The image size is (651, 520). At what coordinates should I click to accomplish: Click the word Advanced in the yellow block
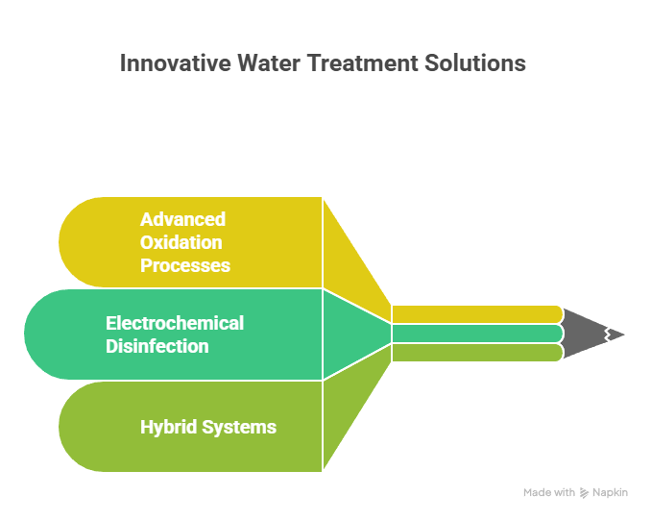182,219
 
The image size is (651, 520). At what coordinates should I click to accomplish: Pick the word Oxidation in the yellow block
181,242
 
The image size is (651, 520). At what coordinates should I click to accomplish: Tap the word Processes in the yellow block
185,265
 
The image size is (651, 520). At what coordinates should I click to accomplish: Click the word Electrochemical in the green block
175,323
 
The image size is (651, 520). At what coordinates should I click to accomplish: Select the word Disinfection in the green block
157,346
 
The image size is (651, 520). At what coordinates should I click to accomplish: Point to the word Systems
240,427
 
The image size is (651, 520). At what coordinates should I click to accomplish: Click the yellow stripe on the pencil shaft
475,313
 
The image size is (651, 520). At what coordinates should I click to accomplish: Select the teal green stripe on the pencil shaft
475,334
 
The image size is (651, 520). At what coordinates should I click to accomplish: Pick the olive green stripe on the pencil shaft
475,353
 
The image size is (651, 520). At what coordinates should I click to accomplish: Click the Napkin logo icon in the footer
585,492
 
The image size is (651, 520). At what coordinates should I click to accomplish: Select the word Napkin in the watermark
611,492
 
